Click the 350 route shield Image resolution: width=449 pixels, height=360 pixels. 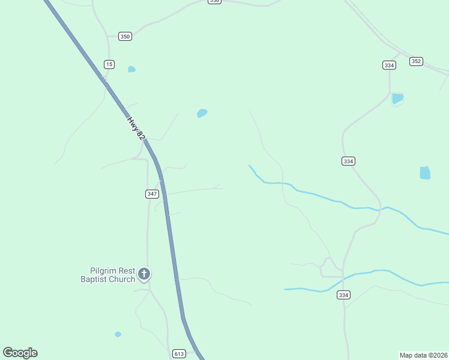pos(124,37)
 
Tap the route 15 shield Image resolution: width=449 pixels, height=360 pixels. pos(109,64)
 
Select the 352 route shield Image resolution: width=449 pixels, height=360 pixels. pos(417,61)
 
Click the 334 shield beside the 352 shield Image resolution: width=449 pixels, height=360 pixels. pos(389,65)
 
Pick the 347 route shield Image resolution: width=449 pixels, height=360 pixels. pos(152,194)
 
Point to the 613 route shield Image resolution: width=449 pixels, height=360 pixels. pos(179,353)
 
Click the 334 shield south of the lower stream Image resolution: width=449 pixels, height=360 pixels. pos(343,295)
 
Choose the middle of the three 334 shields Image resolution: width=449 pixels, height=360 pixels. pos(348,161)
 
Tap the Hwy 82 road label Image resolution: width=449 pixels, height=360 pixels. pos(136,128)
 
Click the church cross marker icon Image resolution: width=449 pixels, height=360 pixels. pos(143,274)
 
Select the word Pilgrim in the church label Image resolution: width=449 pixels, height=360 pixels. pos(103,271)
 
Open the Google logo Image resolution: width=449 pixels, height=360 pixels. pos(20,353)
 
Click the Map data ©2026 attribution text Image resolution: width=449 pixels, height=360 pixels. pos(423,355)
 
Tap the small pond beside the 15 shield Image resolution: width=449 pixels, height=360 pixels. pos(131,69)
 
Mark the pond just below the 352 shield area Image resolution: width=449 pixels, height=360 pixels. pos(397,98)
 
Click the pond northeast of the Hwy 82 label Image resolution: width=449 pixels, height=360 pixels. pos(202,113)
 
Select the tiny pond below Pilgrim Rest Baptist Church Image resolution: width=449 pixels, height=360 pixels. pos(118,334)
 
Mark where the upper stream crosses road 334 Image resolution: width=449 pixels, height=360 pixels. pos(378,209)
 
